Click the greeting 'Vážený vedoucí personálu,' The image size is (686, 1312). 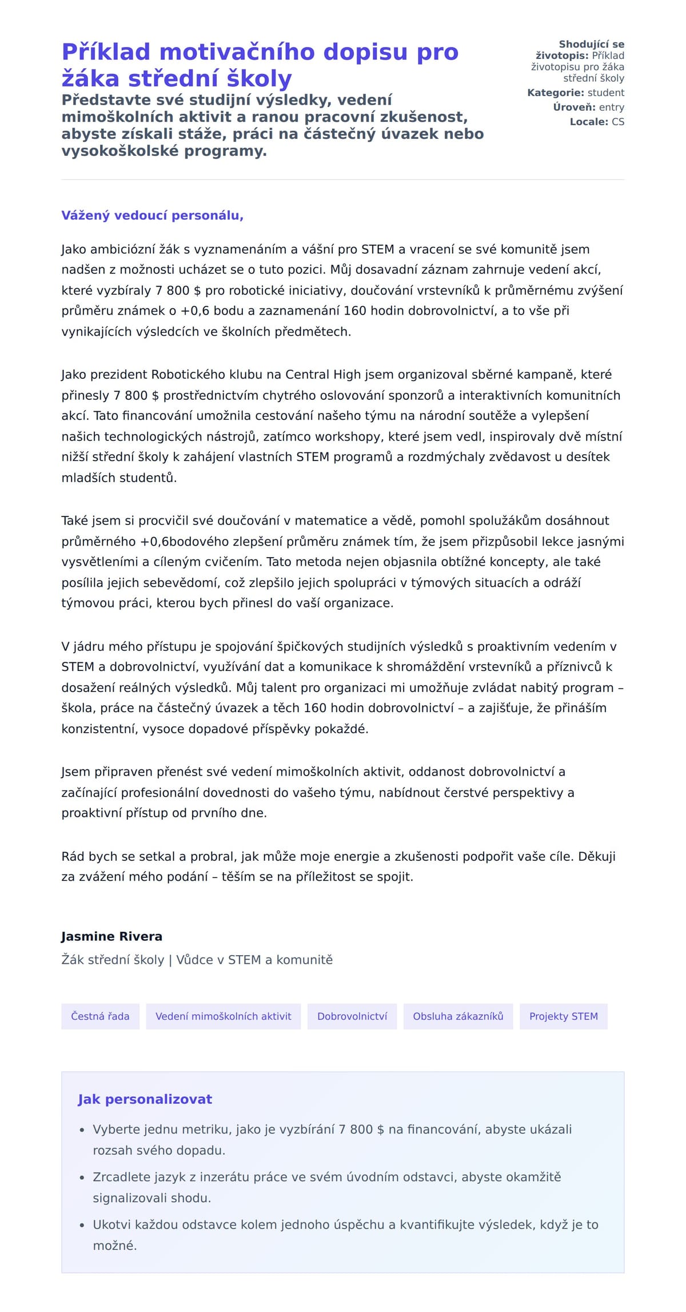(152, 216)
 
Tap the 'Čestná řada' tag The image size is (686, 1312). (100, 1016)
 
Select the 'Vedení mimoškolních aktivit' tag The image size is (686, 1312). (223, 1016)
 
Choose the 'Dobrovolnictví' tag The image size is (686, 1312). (352, 1016)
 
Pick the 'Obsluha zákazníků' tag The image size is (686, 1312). (458, 1016)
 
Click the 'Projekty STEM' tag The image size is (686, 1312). (563, 1016)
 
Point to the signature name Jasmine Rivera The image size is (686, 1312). (111, 937)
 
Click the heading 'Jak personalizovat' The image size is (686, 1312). (145, 1099)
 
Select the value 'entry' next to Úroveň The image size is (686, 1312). (611, 108)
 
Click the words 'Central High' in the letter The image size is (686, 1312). (323, 375)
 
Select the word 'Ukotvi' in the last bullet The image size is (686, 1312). (112, 1224)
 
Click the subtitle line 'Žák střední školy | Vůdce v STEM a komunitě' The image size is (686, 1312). (197, 960)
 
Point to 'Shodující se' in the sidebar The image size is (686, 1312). (591, 45)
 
